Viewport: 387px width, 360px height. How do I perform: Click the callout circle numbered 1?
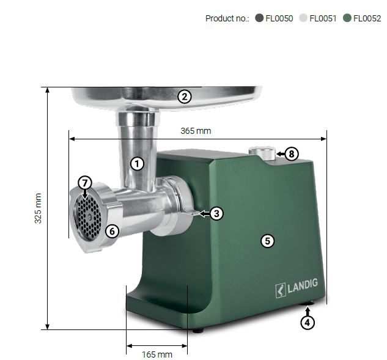click(137, 164)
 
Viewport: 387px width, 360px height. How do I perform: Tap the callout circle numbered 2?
click(185, 97)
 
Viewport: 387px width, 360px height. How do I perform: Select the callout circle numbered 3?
click(216, 213)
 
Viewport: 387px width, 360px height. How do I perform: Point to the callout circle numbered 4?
click(308, 323)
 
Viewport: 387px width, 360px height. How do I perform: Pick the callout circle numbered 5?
click(268, 241)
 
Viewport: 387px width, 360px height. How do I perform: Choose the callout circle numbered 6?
click(112, 232)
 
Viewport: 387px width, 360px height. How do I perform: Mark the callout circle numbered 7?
click(85, 183)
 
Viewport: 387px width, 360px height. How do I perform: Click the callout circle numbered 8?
click(292, 154)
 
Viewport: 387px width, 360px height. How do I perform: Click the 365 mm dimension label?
click(196, 131)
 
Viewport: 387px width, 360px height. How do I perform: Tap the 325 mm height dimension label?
click(38, 208)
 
